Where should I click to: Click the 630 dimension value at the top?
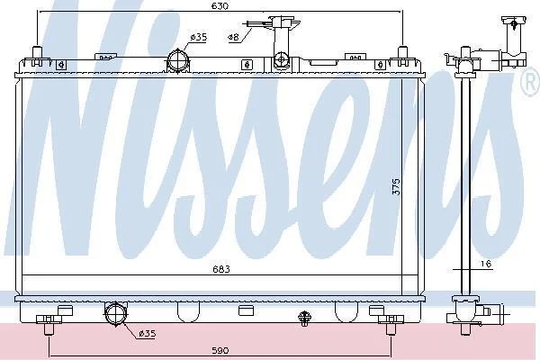coord(220,6)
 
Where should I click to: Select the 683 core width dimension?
coord(220,269)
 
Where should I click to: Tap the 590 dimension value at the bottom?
coord(220,350)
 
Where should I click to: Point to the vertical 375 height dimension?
coord(396,186)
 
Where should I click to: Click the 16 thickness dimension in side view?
coord(486,264)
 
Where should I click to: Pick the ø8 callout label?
coord(233,37)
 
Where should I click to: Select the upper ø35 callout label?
coord(198,37)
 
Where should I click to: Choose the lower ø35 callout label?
coord(147,333)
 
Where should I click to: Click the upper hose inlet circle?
coord(178,60)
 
